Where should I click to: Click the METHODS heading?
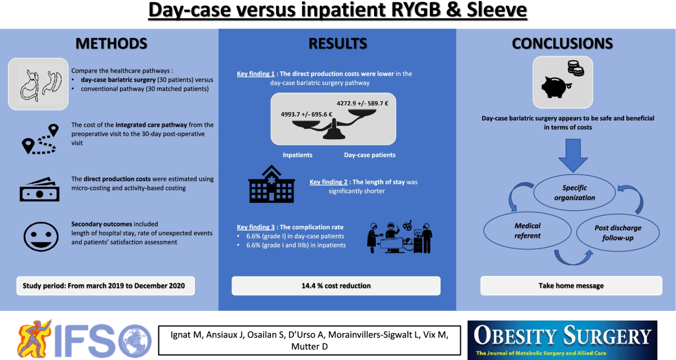pos(112,44)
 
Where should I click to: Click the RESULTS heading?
pos(337,44)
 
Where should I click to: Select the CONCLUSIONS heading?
pos(563,44)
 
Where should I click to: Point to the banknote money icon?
pos(39,189)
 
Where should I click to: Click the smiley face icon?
pos(38,235)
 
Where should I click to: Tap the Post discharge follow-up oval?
pos(618,232)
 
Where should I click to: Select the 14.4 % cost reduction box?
pos(336,286)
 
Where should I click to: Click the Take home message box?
pos(571,286)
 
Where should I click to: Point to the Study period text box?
pos(105,286)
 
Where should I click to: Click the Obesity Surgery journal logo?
pos(562,340)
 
